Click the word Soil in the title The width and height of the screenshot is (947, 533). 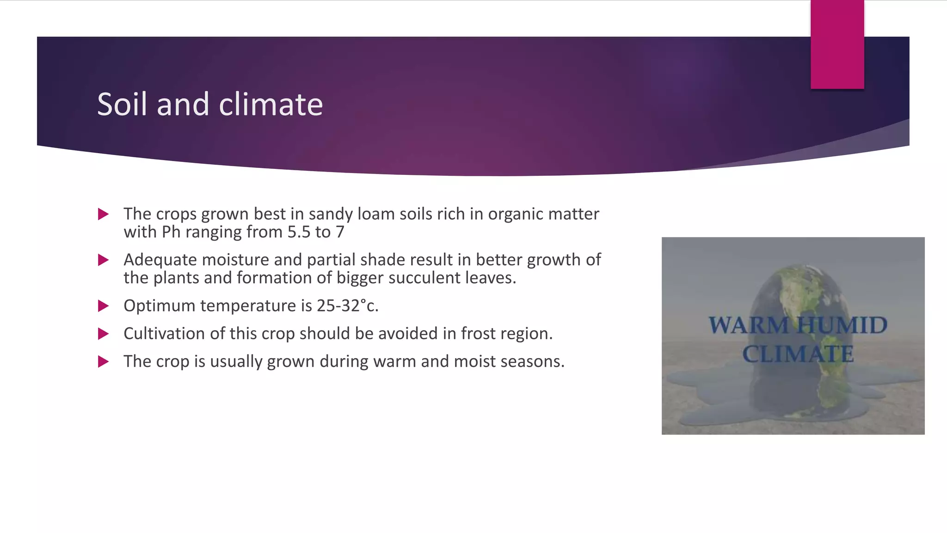[123, 104]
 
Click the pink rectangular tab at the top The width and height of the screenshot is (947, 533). [837, 44]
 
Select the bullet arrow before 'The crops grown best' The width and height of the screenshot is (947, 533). [104, 214]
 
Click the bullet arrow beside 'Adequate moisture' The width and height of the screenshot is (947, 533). [104, 260]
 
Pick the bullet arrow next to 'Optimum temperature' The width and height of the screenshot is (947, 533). [104, 306]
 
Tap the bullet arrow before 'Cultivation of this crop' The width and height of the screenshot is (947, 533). [104, 334]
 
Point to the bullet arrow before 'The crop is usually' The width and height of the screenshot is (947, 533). [104, 361]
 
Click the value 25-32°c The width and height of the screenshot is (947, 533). [347, 306]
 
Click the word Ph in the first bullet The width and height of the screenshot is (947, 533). [171, 232]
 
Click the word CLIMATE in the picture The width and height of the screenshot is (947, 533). [798, 354]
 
